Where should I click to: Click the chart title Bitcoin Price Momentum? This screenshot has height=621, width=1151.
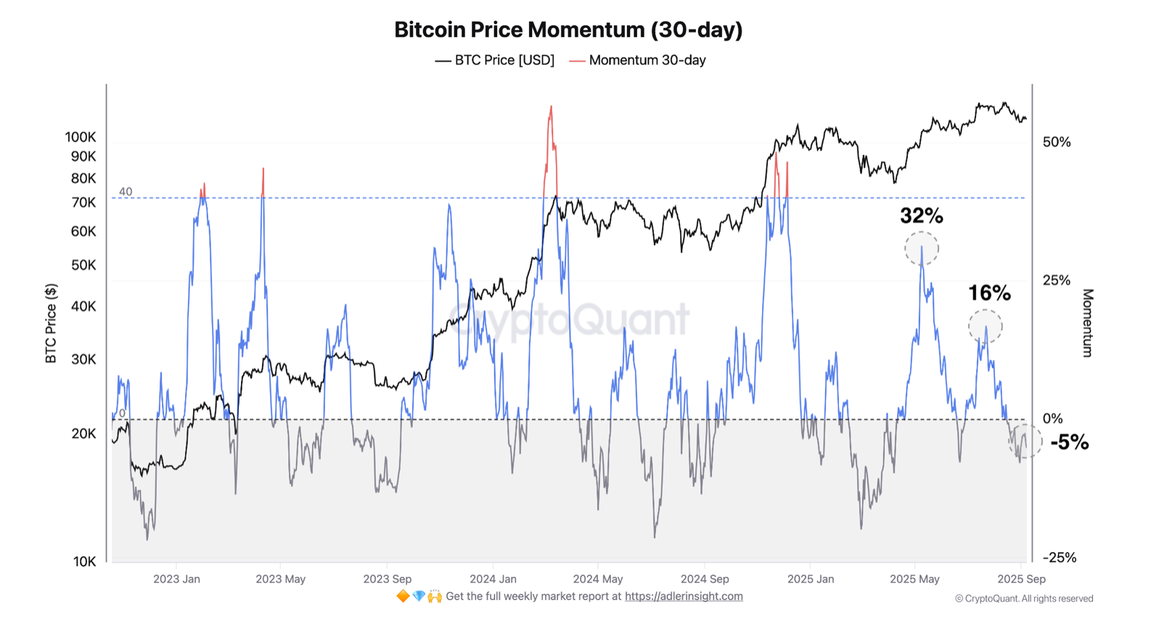[568, 30]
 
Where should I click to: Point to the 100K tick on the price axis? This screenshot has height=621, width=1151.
[80, 137]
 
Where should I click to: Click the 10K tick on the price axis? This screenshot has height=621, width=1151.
[84, 562]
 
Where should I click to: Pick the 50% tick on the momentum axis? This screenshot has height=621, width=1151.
[1057, 142]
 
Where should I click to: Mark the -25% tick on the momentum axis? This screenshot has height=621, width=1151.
[1060, 558]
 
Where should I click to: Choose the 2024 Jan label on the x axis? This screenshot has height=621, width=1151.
[493, 579]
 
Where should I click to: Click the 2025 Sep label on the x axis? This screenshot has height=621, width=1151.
[1021, 579]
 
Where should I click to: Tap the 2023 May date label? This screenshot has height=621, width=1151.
[280, 579]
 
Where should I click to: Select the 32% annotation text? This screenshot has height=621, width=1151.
[922, 215]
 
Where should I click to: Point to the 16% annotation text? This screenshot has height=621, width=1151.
[989, 293]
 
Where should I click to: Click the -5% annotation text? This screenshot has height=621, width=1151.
[1069, 443]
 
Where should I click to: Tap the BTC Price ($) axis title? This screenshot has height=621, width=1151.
[51, 324]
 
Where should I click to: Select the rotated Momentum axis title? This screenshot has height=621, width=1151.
[1087, 323]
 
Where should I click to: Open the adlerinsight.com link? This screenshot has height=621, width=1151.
[684, 596]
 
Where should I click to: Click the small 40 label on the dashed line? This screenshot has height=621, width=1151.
[126, 192]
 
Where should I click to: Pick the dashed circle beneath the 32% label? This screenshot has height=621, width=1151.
[922, 249]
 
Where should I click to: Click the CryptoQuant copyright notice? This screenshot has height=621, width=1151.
[1024, 599]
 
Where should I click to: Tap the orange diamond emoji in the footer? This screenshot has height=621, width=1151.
[403, 596]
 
